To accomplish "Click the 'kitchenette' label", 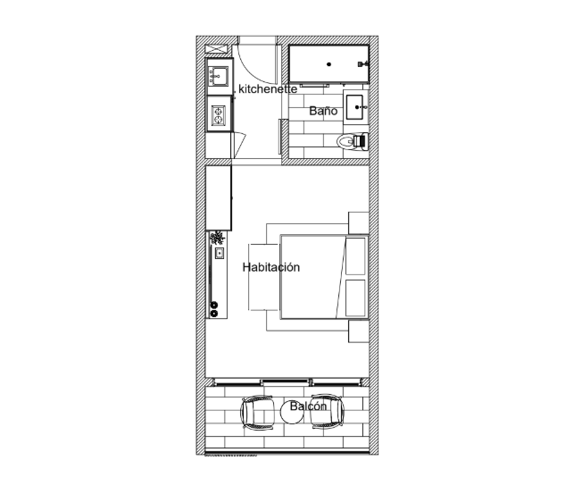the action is [268, 89].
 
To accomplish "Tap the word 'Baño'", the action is [323, 111].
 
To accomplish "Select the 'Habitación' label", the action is [271, 267].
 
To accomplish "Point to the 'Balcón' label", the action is [308, 406].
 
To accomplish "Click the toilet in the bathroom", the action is [353, 141].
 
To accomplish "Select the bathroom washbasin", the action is [354, 107].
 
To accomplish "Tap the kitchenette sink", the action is [218, 76].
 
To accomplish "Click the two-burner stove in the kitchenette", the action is [218, 115].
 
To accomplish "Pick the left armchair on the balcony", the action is [258, 412].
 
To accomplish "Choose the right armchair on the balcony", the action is [327, 412].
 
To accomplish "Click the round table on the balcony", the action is [292, 412].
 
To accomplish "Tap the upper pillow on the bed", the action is [355, 256].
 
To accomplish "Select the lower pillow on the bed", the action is [355, 298].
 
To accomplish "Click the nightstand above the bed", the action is [358, 222].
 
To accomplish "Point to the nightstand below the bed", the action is [358, 331].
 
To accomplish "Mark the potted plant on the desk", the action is [217, 238].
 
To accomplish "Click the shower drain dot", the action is [328, 64].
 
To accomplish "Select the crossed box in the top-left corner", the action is [216, 48].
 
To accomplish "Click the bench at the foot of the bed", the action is [263, 277].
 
